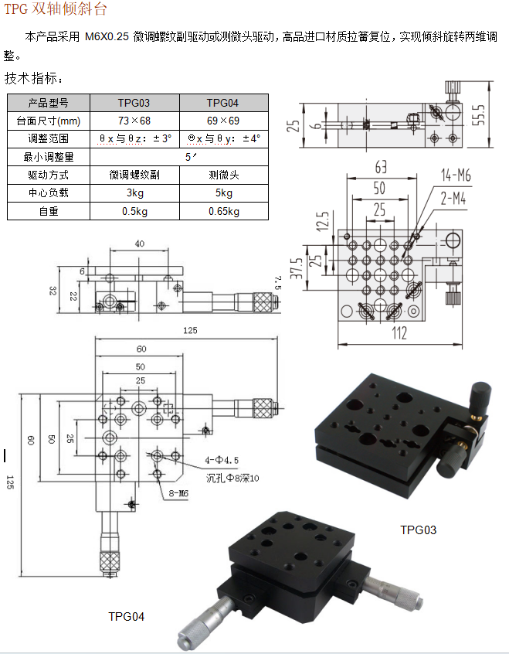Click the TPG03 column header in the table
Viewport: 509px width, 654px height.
click(x=134, y=103)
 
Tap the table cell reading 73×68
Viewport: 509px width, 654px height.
click(x=134, y=121)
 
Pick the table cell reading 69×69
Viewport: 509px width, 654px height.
click(x=223, y=121)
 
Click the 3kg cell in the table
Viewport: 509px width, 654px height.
click(x=134, y=192)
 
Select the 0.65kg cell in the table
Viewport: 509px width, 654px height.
click(x=223, y=210)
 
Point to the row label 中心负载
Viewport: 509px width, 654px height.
click(x=49, y=192)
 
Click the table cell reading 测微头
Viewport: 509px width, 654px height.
click(x=223, y=175)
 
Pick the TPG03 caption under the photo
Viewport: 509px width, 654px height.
click(x=418, y=530)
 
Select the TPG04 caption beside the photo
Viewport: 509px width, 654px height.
click(x=126, y=616)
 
